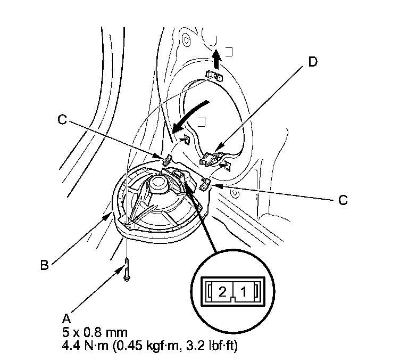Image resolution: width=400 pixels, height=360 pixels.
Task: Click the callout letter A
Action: pos(66,318)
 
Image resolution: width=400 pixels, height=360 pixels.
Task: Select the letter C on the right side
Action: pos(343,200)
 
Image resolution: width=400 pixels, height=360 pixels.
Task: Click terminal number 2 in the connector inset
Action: pos(223,291)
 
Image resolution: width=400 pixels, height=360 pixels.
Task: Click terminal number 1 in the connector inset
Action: pos(244,291)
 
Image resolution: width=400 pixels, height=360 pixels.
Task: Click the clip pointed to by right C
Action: pos(205,185)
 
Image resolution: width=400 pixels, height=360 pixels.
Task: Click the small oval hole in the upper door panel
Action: pos(186,39)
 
